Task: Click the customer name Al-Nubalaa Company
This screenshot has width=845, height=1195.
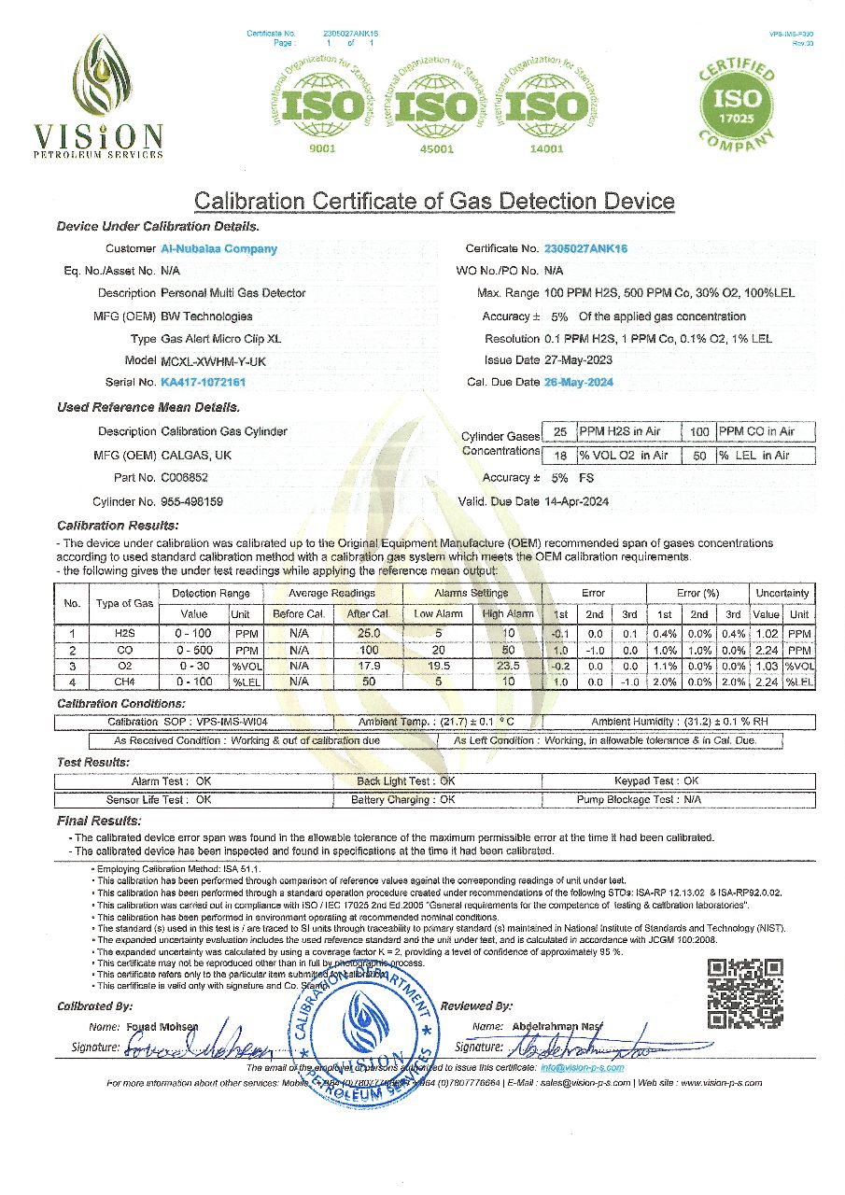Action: [x=219, y=249]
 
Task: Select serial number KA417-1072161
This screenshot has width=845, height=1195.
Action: [x=204, y=382]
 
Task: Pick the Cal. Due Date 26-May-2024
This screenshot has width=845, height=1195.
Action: [x=579, y=382]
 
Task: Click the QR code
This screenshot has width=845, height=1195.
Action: [x=744, y=993]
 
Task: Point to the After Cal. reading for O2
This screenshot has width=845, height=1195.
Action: [x=368, y=666]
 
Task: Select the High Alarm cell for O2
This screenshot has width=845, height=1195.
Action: [x=508, y=666]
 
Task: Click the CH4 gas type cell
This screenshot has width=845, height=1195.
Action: [x=124, y=682]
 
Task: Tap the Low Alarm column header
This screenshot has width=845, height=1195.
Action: [x=438, y=613]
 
